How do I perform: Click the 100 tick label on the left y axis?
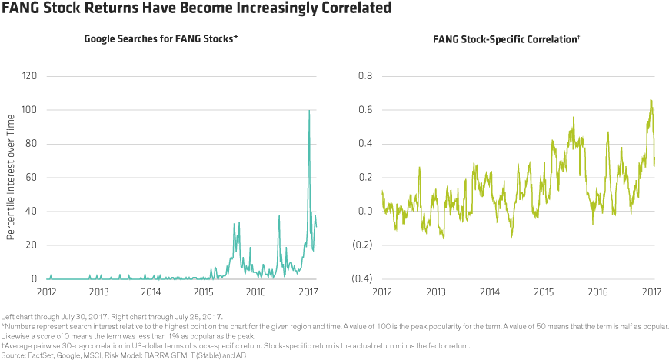tap(29, 111)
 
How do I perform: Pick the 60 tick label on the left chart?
tap(32, 178)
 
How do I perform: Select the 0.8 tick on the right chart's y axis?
tap(364, 77)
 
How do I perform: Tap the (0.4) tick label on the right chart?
tap(362, 279)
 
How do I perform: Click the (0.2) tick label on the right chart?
tap(362, 245)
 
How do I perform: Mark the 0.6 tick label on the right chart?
tap(364, 111)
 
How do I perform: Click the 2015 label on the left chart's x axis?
tap(204, 292)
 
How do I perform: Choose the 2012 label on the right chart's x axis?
tap(382, 292)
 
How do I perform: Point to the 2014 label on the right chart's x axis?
tap(490, 292)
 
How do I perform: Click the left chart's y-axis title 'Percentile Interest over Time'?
tap(10, 178)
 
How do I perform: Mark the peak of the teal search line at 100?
tap(309, 112)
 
